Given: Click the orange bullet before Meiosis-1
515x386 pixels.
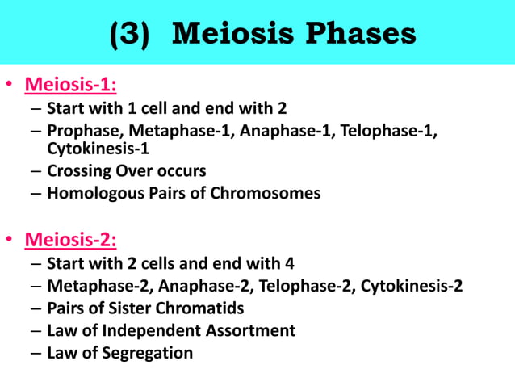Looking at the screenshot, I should [10, 86].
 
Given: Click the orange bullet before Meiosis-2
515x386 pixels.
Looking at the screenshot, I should [10, 241].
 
